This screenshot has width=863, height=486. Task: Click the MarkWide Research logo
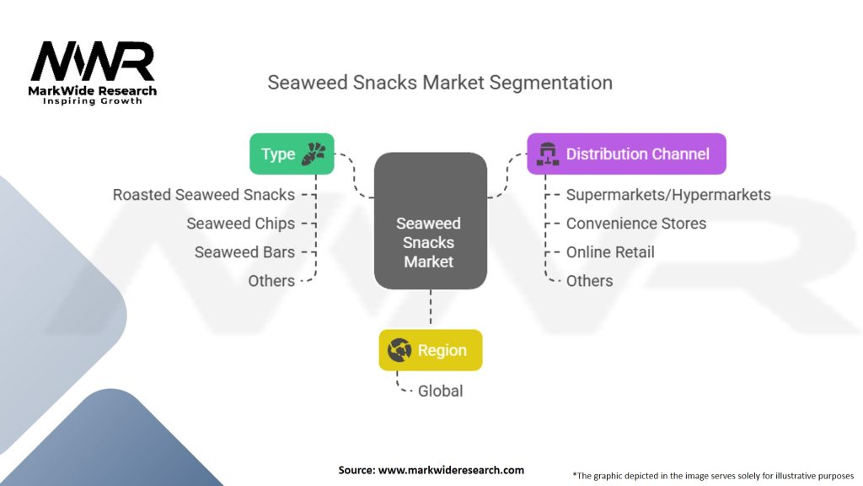93,72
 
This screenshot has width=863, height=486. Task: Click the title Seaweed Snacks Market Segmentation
439,83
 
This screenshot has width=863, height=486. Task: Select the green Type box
292,154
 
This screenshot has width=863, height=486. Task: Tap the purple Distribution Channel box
626,154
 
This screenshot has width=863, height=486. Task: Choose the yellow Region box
430,349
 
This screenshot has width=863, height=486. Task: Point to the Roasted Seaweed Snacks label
204,195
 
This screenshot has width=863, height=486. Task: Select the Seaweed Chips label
240,224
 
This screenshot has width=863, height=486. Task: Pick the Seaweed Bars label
244,252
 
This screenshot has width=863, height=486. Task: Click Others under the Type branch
271,281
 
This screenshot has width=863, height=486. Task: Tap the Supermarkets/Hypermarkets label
667,195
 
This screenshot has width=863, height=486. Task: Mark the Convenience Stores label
635,224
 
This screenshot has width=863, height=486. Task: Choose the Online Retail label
610,252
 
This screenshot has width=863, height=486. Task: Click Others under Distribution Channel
589,281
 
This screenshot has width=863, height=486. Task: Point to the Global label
440,391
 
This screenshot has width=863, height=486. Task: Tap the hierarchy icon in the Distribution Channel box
544,154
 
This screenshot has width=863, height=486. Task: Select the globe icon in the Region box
399,349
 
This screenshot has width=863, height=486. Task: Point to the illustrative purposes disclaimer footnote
713,475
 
